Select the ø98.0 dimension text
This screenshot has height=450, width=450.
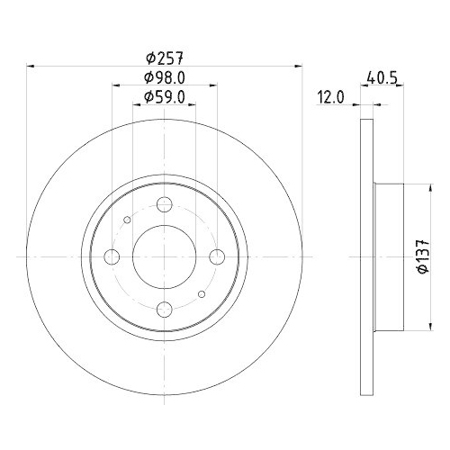point(163,77)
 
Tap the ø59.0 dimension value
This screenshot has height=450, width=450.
point(163,98)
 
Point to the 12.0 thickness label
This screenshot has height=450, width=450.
point(331,98)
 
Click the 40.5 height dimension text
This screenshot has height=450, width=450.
point(381,77)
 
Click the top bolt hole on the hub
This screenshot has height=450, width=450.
point(163,204)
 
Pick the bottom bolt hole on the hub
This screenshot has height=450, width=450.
point(163,310)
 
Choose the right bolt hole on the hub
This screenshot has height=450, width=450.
point(215,257)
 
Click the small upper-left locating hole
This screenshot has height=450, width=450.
point(127,220)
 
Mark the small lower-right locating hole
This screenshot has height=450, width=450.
point(201,294)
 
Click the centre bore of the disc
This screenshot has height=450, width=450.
point(163,257)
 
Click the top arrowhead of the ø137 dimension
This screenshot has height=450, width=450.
point(415,187)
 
